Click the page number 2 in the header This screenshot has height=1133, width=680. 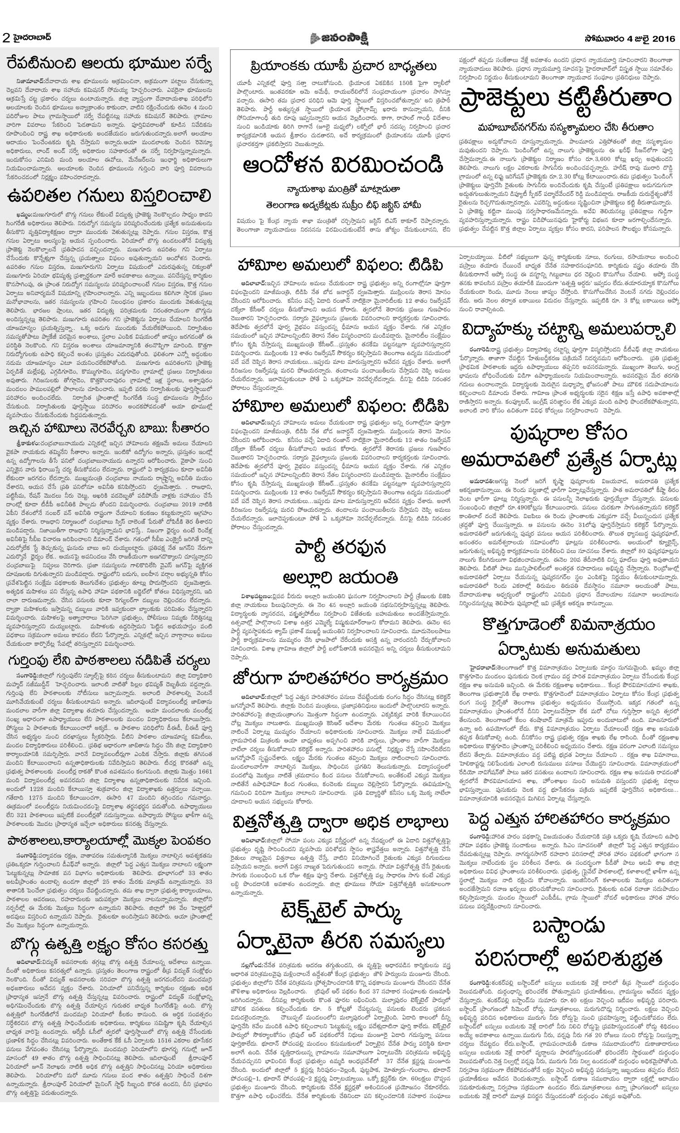tap(6, 38)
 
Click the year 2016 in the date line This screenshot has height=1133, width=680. tap(663, 39)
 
